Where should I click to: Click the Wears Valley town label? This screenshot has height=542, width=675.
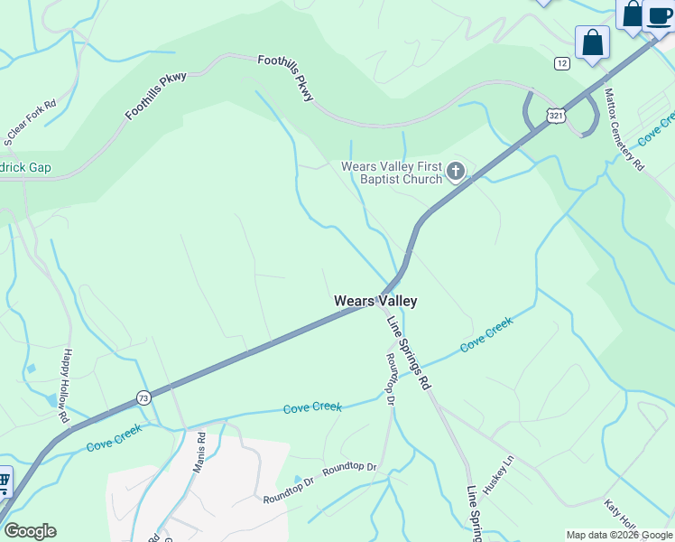pos(375,301)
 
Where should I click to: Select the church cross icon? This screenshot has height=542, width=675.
pos(456,171)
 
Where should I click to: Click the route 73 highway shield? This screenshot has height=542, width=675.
pos(143,397)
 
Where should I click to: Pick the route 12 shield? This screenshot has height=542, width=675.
pos(562,62)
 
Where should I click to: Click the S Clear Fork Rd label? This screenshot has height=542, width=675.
pos(30,122)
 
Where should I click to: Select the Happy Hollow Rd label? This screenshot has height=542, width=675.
pos(66,388)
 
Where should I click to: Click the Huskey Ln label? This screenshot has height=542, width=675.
pos(497,473)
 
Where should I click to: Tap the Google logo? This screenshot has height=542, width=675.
pos(29,531)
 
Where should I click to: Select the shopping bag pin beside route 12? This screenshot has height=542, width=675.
pos(592,42)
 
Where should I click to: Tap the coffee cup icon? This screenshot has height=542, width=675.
pos(659,15)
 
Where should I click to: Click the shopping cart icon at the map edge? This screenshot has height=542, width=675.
pos(4,481)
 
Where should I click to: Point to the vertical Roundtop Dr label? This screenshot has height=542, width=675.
pos(392,378)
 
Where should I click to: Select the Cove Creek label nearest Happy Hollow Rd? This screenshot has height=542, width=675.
pos(114,438)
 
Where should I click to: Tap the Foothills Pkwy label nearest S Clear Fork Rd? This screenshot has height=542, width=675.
pos(156,96)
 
